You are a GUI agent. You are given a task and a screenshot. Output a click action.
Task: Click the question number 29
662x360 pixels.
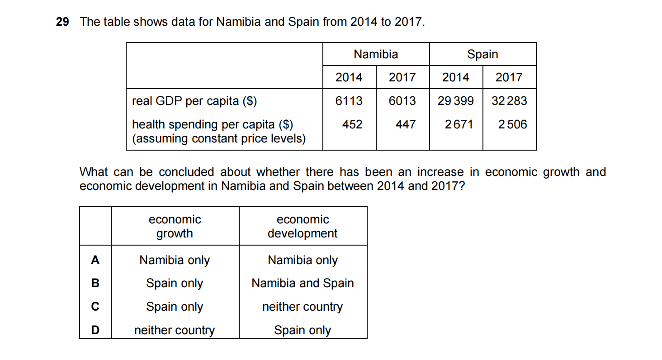pos(62,22)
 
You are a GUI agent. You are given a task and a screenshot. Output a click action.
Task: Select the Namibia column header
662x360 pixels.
pos(376,55)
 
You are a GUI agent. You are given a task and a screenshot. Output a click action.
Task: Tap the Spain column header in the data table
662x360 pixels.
pos(482,55)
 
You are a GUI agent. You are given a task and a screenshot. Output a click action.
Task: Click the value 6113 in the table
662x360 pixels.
pos(349,101)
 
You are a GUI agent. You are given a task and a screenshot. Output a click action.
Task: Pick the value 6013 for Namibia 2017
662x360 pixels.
pos(402,101)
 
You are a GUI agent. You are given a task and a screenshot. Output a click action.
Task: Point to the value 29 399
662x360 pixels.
pos(456,101)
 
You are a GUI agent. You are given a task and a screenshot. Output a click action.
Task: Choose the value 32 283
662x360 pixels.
pos(509,101)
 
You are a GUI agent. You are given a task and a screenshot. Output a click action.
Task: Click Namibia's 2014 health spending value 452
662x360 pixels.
pos(352,124)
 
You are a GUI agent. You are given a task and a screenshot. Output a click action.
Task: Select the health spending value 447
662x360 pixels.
pos(405,124)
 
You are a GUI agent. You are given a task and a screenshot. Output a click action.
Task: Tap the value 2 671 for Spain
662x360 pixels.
pos(459,124)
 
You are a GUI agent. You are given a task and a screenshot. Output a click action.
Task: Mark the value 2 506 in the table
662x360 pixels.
pos(512,124)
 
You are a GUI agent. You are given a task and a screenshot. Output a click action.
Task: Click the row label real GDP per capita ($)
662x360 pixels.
pos(194,101)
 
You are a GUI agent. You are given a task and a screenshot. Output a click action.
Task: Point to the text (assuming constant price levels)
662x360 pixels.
pos(219,138)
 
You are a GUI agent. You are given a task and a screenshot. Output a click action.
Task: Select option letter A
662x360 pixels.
pos(95,260)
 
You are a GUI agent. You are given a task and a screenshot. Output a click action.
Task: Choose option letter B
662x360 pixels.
pos(95,284)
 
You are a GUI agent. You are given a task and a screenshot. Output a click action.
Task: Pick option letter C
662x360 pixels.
pos(95,307)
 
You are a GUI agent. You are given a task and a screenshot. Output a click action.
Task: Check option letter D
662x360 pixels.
pos(95,331)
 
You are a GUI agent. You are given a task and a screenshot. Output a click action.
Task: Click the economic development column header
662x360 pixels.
pos(303,227)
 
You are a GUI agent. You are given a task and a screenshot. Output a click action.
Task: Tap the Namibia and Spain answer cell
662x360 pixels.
pos(303,284)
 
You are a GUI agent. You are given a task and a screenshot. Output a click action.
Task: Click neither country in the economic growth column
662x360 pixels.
pos(175,331)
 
